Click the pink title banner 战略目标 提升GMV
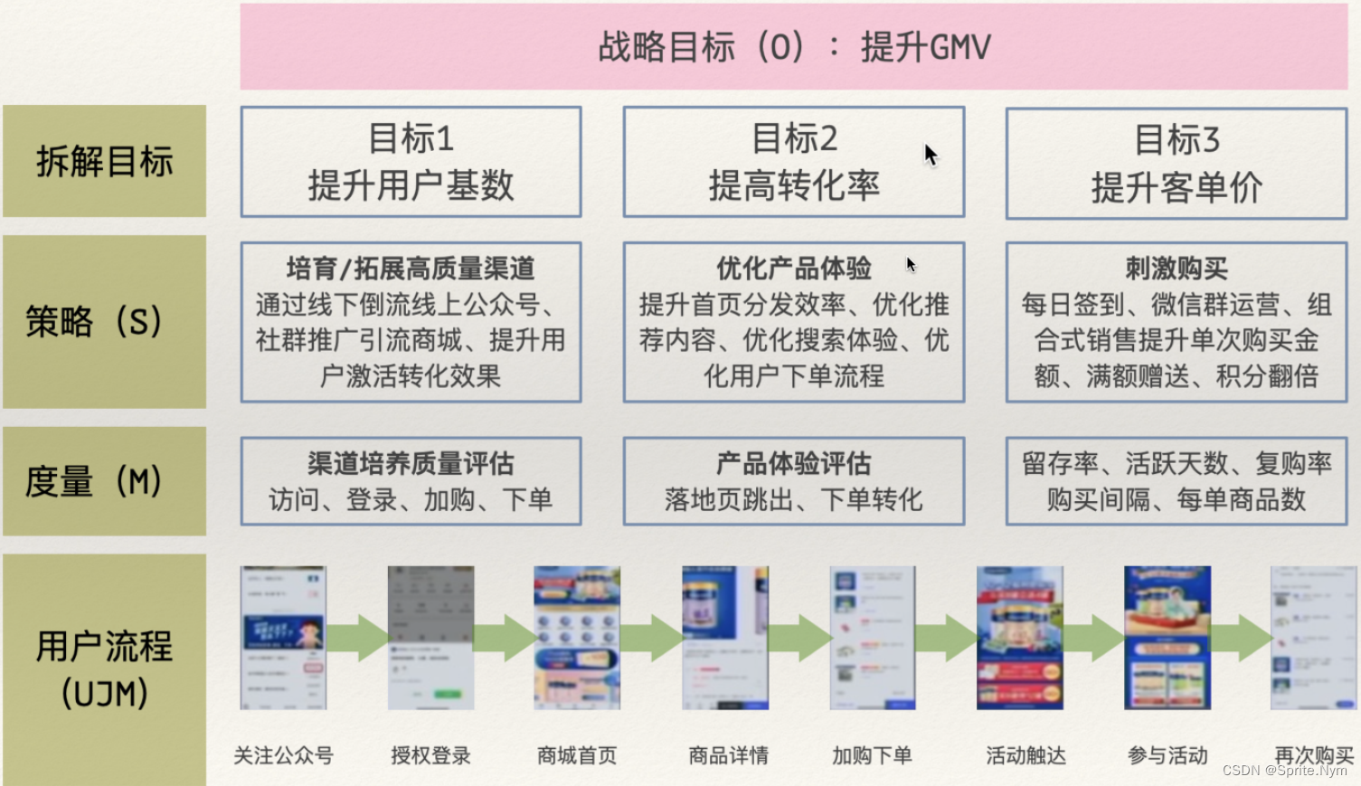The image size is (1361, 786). click(x=793, y=46)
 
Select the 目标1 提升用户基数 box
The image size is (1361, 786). click(x=411, y=162)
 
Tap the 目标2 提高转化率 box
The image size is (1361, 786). click(x=793, y=162)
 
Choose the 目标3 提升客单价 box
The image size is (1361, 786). click(x=1176, y=163)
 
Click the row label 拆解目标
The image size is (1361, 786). click(x=104, y=161)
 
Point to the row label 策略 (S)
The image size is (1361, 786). click(x=94, y=321)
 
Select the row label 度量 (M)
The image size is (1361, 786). click(x=94, y=481)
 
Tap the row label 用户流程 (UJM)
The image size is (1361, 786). click(x=104, y=669)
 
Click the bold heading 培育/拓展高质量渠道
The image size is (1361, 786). click(x=411, y=269)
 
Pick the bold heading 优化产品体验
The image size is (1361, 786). click(x=793, y=269)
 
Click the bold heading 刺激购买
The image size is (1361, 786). click(x=1176, y=269)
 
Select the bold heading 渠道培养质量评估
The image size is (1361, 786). click(x=411, y=464)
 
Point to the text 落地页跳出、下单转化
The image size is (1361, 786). click(x=793, y=499)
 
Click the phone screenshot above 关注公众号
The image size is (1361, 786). click(x=283, y=638)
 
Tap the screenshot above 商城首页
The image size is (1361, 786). click(x=577, y=638)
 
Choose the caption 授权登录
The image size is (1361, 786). click(x=430, y=755)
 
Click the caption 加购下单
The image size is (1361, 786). click(x=872, y=755)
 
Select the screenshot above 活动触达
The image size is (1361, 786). click(x=1019, y=638)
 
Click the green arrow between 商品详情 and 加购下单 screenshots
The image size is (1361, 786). click(x=799, y=638)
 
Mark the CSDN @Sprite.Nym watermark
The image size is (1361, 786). click(x=1284, y=771)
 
